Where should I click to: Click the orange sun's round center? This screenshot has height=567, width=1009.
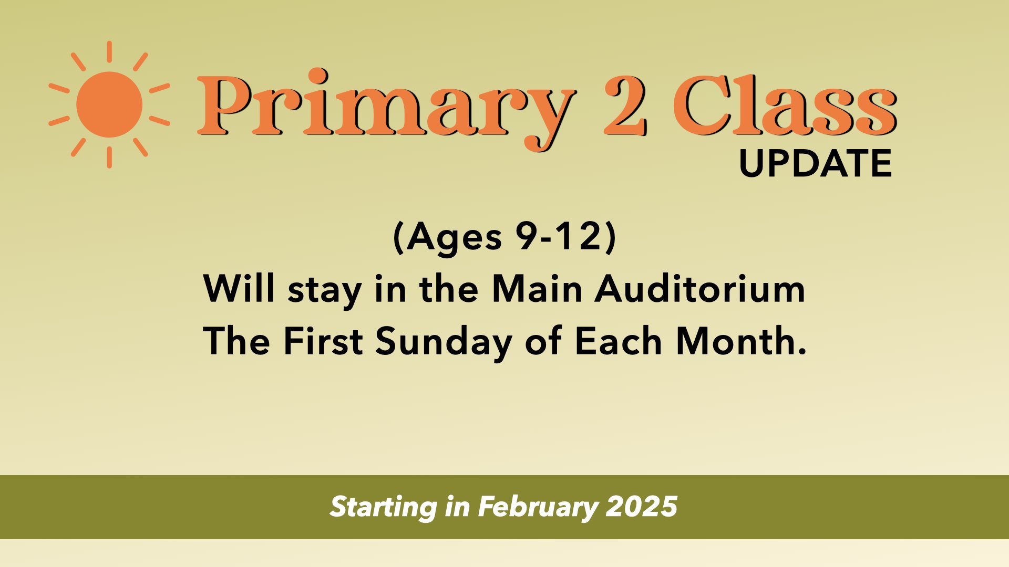(x=109, y=104)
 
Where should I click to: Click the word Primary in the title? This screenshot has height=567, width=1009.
(x=386, y=108)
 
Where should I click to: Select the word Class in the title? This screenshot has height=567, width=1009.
(x=785, y=104)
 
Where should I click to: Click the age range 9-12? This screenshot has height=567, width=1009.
(x=558, y=237)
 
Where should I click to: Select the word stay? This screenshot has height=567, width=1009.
(x=325, y=291)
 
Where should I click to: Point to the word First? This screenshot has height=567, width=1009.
(x=323, y=341)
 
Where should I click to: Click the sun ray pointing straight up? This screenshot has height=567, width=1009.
(x=109, y=51)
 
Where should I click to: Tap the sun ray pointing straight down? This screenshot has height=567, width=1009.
(x=109, y=157)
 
